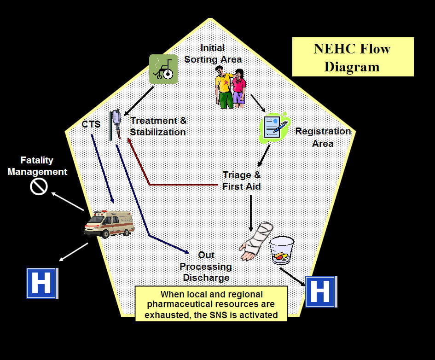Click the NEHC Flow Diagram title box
coord(353,57)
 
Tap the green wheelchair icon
coord(163,69)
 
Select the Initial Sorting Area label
coord(213,53)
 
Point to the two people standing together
coord(231,87)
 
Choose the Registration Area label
coord(323,137)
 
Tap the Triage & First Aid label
coord(241,180)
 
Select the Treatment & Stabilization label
coord(158,127)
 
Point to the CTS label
coord(91,124)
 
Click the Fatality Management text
coord(43,166)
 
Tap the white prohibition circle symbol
coord(39,186)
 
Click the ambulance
coord(109,224)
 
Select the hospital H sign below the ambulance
coord(41,283)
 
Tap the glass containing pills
coord(282,250)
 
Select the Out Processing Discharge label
coord(206,267)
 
